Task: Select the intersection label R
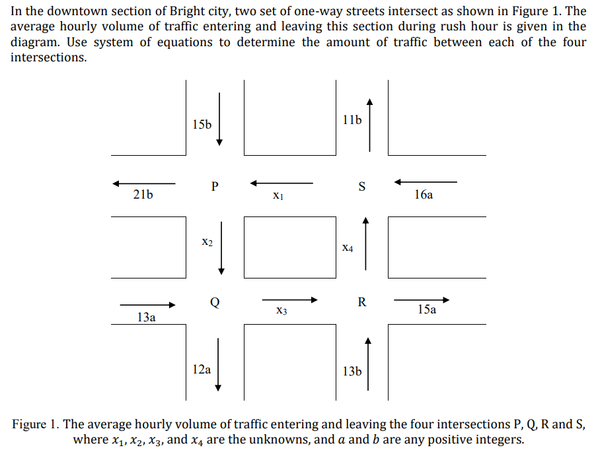pyautogui.click(x=361, y=302)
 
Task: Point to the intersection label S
pyautogui.click(x=361, y=186)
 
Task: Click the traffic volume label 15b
pyautogui.click(x=202, y=124)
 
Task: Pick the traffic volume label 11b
pyautogui.click(x=352, y=120)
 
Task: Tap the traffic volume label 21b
pyautogui.click(x=143, y=195)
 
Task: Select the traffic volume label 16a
pyautogui.click(x=424, y=195)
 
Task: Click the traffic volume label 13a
pyautogui.click(x=146, y=317)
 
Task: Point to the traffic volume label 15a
pyautogui.click(x=427, y=309)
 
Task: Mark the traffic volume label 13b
pyautogui.click(x=352, y=372)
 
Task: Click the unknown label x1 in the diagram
pyautogui.click(x=278, y=195)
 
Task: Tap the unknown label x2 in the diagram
pyautogui.click(x=207, y=243)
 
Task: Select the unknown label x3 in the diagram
pyautogui.click(x=281, y=310)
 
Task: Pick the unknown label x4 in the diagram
pyautogui.click(x=348, y=248)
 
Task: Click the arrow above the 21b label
pyautogui.click(x=143, y=183)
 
